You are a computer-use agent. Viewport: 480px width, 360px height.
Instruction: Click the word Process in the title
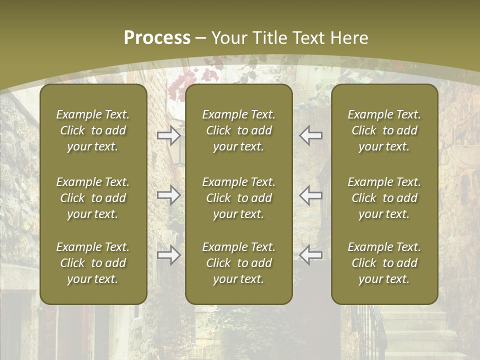coord(157,38)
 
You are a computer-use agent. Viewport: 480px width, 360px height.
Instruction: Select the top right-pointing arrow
coord(168,135)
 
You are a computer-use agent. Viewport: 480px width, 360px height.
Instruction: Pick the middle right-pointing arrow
coord(168,195)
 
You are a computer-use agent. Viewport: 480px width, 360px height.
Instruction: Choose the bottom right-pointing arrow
coord(168,255)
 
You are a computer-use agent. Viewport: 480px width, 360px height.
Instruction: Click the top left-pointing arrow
coord(310,135)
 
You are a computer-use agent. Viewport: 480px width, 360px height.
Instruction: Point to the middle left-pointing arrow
coord(310,195)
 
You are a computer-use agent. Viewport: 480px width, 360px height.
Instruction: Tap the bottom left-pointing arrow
coord(310,255)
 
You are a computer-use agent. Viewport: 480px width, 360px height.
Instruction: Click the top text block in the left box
coord(93,130)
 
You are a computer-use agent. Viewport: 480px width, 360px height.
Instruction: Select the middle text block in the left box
coord(93,198)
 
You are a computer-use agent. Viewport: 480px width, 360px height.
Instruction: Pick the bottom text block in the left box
coord(93,263)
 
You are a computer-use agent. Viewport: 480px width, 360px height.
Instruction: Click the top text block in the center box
coord(238,130)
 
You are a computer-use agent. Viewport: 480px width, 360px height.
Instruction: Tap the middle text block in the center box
coord(238,198)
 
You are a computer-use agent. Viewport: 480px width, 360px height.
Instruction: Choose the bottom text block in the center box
coord(238,263)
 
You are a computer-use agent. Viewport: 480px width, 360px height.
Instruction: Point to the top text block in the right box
coord(384,130)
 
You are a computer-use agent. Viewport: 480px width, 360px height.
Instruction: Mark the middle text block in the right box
coord(384,198)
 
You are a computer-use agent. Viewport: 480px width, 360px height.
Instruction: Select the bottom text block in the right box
coord(384,263)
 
